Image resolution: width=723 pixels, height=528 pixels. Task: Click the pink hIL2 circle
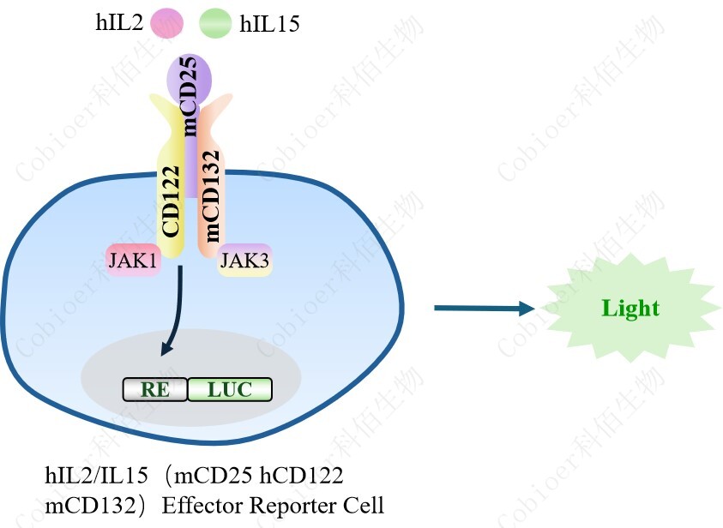click(x=166, y=23)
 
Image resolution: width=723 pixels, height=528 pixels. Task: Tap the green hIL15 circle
click(x=215, y=23)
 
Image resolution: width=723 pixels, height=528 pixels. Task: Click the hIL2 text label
click(x=119, y=22)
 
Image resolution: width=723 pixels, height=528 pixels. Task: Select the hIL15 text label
click(x=270, y=23)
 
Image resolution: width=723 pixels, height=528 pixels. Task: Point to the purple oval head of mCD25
click(x=189, y=78)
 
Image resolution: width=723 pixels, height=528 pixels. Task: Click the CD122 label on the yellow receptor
click(x=171, y=201)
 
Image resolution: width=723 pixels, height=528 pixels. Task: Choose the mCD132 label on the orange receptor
click(x=211, y=195)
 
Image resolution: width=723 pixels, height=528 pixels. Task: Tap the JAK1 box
click(x=133, y=261)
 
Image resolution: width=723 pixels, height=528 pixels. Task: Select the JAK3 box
click(x=244, y=261)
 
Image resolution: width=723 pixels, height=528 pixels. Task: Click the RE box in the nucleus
click(x=155, y=390)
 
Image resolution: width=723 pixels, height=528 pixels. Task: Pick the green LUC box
click(x=230, y=390)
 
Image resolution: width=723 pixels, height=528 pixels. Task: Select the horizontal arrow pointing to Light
click(x=485, y=308)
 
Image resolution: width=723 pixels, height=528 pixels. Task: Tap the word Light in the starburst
click(x=630, y=309)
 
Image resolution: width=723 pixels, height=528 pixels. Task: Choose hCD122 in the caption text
click(x=301, y=475)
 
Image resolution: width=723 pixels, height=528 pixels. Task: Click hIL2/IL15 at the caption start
click(x=96, y=475)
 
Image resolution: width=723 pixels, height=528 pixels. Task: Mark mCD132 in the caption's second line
click(x=90, y=506)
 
